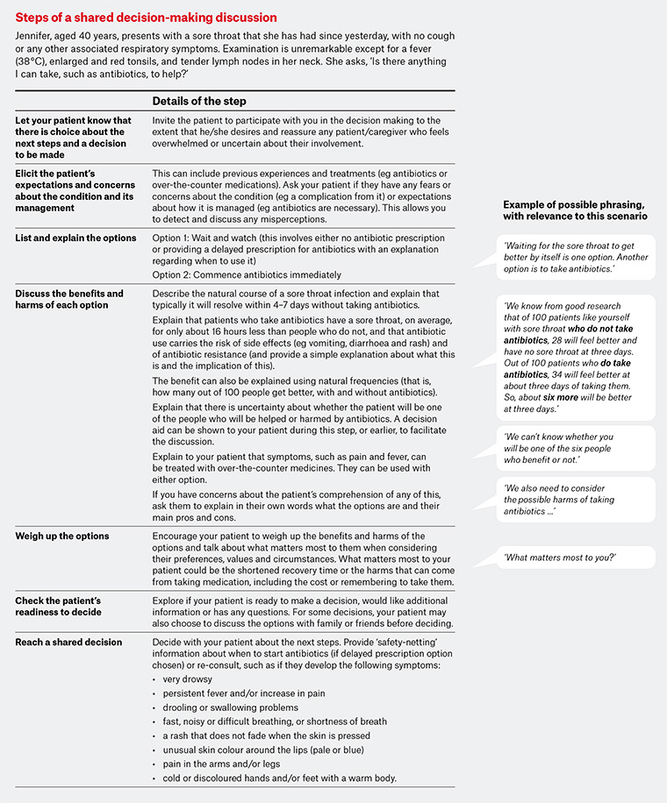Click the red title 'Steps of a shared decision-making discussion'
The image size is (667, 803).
[146, 18]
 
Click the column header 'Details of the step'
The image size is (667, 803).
[199, 101]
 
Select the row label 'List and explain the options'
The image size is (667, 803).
[76, 238]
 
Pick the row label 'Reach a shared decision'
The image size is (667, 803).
[68, 643]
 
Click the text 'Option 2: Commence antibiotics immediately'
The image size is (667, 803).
[248, 274]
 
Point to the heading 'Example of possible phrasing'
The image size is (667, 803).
[574, 210]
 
